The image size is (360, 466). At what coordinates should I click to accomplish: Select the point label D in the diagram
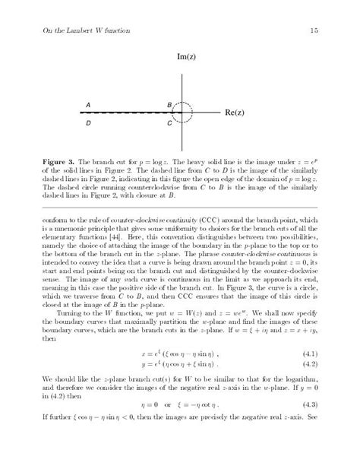(x=88, y=122)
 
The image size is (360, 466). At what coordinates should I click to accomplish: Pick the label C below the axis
(x=169, y=122)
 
